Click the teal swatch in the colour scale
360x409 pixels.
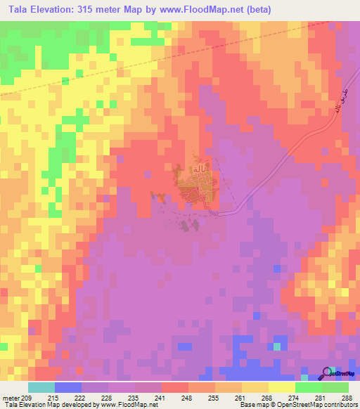[x=41, y=387]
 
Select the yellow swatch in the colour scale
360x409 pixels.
[x=281, y=387]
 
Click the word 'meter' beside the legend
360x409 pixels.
[x=10, y=397]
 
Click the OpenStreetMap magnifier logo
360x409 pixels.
[x=327, y=372]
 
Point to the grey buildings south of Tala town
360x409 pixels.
[x=186, y=226]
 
